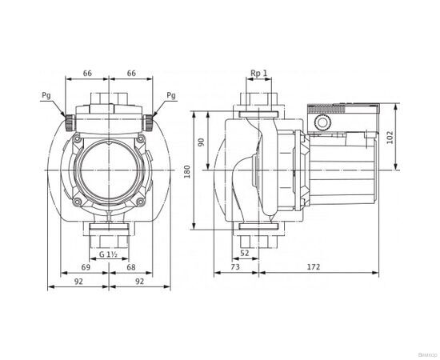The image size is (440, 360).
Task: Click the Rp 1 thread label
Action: (x=258, y=73)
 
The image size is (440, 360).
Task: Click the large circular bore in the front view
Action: (x=109, y=169)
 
